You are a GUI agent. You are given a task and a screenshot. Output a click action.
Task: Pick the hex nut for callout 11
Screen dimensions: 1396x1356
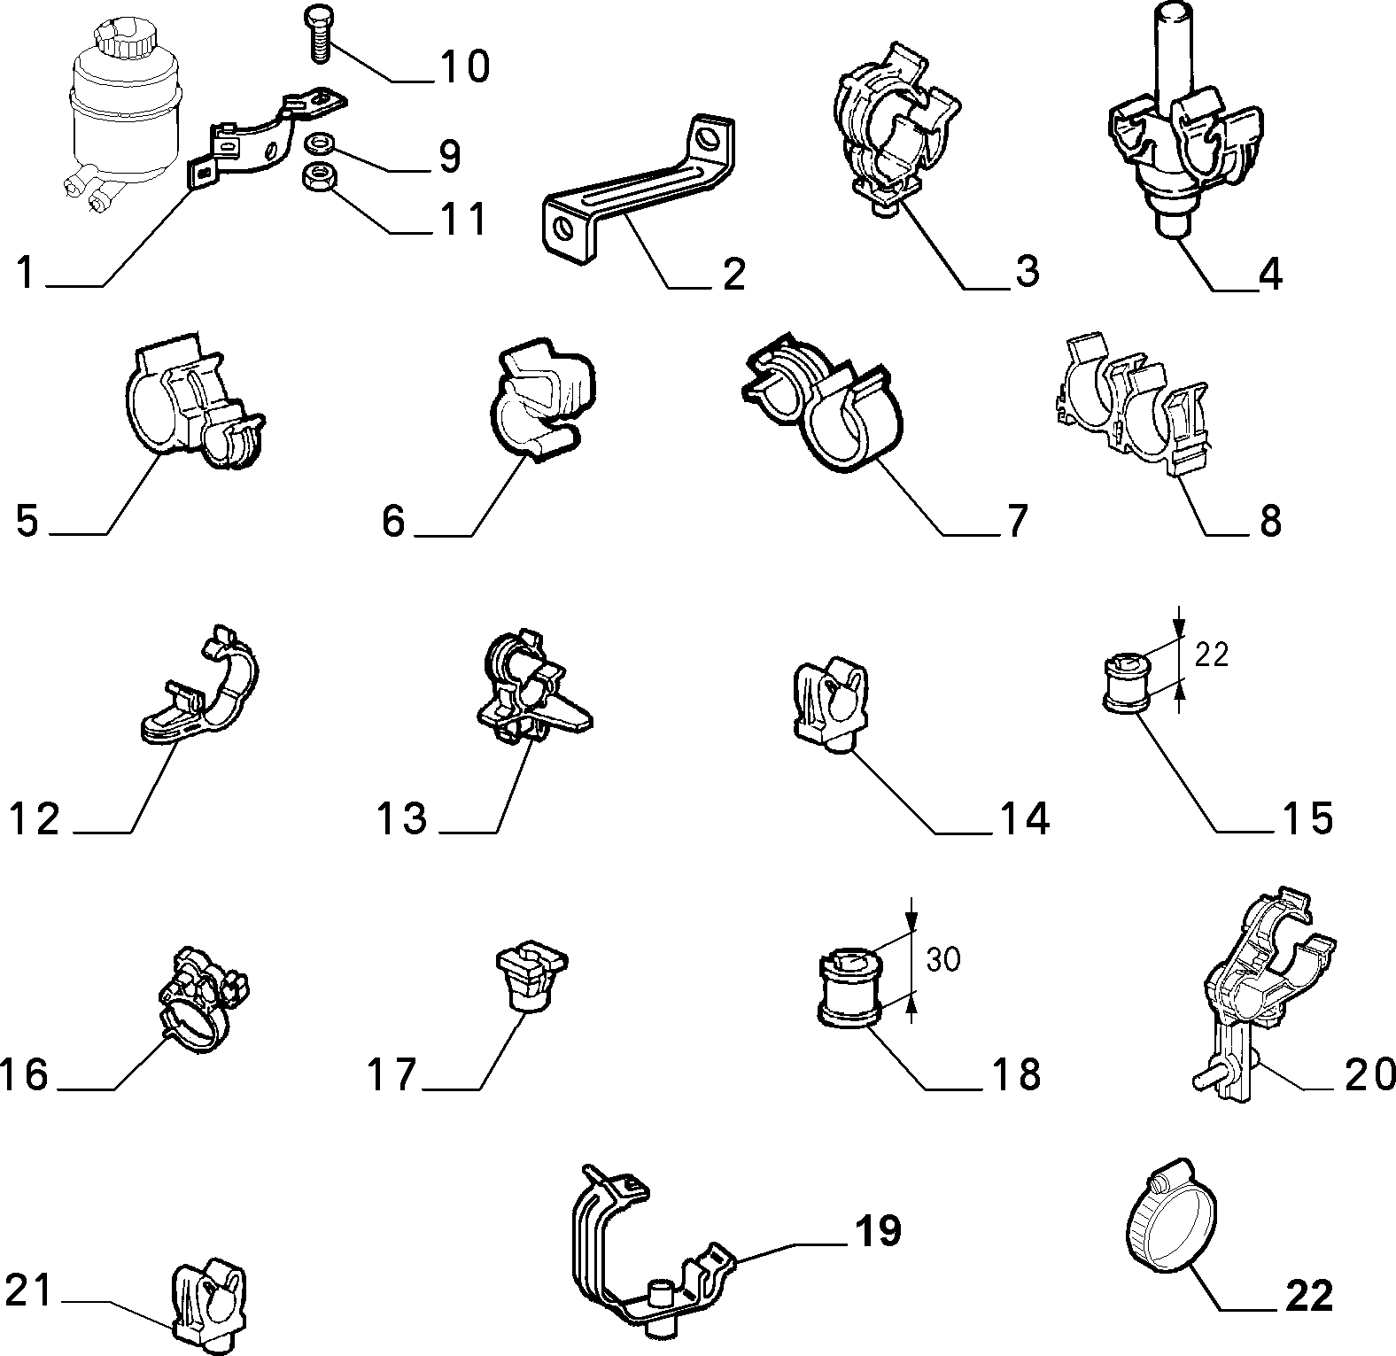[x=317, y=176]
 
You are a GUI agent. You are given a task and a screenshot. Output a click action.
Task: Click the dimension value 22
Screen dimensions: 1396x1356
[x=1212, y=655]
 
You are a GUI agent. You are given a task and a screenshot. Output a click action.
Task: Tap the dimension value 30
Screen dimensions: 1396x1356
[x=943, y=959]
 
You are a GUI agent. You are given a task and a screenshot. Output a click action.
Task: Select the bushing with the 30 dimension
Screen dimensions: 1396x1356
[x=850, y=988]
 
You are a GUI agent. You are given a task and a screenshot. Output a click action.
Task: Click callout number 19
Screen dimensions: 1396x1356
[x=877, y=1231]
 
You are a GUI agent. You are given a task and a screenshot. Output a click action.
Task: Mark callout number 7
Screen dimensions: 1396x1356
[x=1014, y=522]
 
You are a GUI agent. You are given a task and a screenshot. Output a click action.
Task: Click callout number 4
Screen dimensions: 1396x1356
[x=1270, y=275]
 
